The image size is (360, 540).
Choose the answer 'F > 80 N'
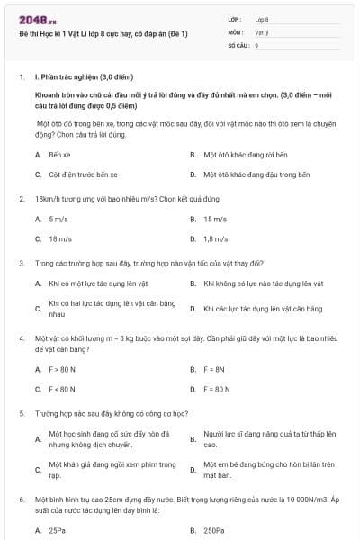62,369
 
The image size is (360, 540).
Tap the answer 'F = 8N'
213,369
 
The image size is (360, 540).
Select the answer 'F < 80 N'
62,389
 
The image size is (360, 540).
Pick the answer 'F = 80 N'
216,389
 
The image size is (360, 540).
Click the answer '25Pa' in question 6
57,530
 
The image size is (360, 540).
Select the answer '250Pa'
213,530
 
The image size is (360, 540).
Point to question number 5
21,413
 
